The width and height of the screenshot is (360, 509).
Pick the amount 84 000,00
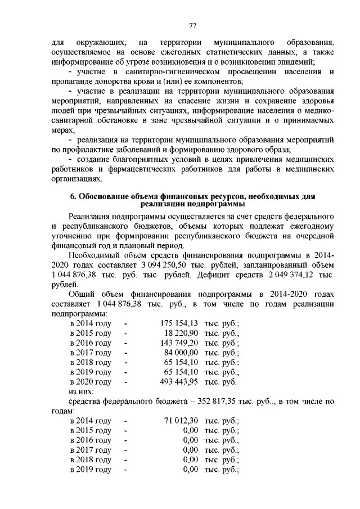[x=179, y=353]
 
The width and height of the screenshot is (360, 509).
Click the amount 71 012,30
[x=179, y=421]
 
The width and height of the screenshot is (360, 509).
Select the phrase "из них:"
[x=81, y=391]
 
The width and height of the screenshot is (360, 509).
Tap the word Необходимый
[x=95, y=255]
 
